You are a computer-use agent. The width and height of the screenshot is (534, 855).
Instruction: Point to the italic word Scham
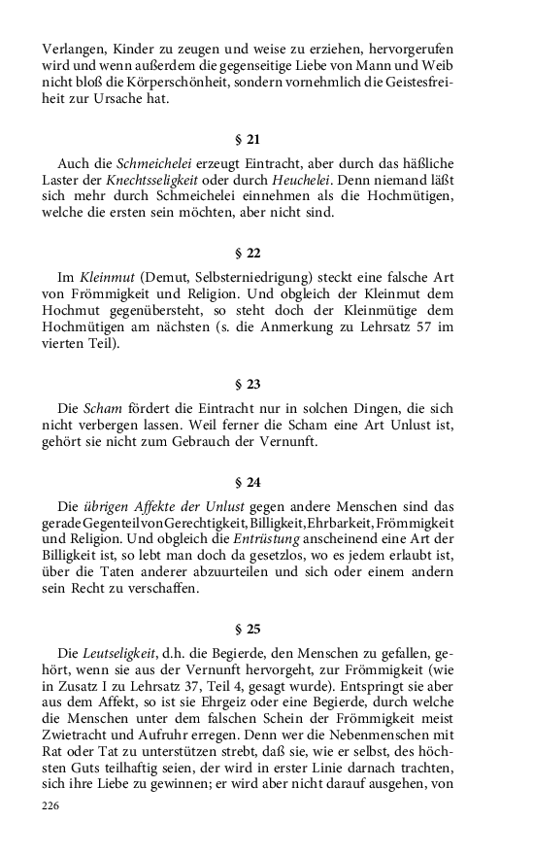[x=102, y=408]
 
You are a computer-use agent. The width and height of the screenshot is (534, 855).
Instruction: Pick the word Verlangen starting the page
[x=76, y=49]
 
